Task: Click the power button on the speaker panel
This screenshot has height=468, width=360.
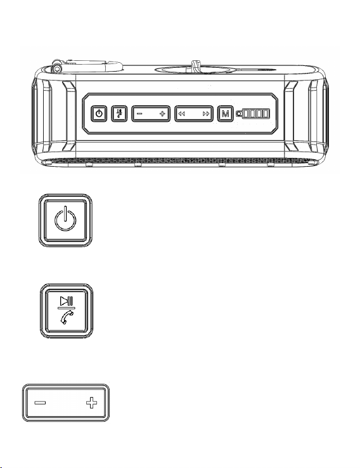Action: (x=99, y=114)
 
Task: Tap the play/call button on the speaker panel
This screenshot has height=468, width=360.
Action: (x=119, y=114)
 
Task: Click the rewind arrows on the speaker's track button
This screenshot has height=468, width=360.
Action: (x=181, y=114)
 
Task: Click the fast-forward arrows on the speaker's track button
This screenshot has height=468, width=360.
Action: (x=206, y=114)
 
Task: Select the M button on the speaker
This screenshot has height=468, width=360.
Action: (x=225, y=114)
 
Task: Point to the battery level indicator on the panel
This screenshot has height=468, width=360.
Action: (x=256, y=114)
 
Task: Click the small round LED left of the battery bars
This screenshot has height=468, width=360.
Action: (x=239, y=114)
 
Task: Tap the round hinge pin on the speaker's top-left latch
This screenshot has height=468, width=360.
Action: (x=56, y=69)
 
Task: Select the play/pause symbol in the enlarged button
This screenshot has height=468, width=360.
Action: (x=66, y=300)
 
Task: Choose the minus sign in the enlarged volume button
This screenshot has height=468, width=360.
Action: (x=40, y=403)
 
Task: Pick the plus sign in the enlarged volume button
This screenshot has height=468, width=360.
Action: (x=91, y=403)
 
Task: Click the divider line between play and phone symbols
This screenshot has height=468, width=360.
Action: (x=66, y=308)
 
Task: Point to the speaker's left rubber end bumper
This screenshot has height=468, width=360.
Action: (x=54, y=117)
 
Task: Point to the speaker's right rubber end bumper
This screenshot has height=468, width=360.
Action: (x=306, y=117)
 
